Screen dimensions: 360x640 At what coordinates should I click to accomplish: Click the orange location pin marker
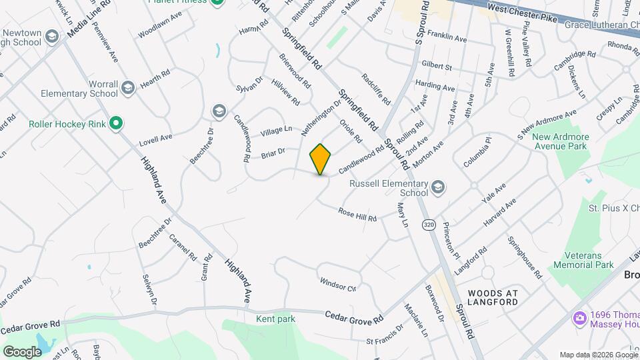point(321,159)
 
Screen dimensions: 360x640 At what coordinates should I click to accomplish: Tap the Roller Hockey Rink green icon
point(115,123)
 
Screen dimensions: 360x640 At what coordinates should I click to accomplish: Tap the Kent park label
point(275,319)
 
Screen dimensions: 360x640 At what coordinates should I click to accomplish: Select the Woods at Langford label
point(493,297)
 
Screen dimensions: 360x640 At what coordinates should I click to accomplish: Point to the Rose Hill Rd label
point(357,214)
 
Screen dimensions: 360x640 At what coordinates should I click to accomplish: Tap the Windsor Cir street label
point(338,285)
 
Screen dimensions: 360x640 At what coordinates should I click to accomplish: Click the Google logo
point(22,351)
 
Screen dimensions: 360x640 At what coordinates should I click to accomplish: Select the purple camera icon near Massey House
point(579,319)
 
